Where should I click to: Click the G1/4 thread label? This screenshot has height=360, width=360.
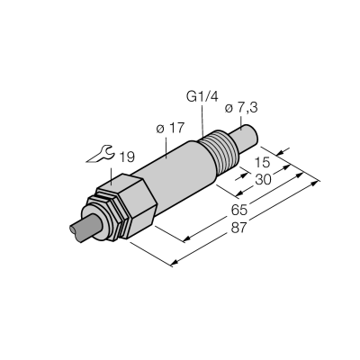202,97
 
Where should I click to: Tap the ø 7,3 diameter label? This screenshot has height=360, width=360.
241,108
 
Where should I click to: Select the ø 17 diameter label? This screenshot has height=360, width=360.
169,129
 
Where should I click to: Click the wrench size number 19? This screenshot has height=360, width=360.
127,157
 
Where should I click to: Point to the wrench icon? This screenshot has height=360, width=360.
100,154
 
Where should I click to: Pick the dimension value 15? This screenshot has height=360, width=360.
262,163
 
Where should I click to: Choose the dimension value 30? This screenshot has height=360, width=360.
263,179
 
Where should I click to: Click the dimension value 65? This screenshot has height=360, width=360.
239,210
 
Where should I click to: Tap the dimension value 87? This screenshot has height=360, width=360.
239,228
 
